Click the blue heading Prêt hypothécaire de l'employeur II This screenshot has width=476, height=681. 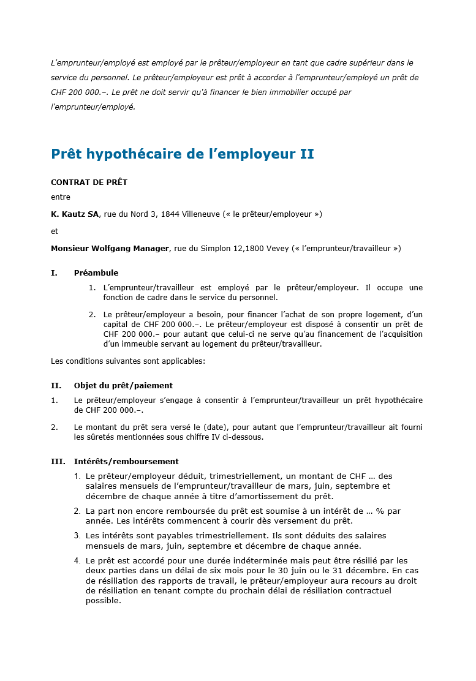coord(182,154)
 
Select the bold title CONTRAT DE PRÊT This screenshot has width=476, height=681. coord(89,182)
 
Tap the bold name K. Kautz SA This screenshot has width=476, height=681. coord(75,214)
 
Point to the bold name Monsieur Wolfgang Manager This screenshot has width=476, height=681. coord(110,249)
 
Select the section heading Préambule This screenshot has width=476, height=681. coord(96,273)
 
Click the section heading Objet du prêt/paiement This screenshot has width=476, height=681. coord(123,386)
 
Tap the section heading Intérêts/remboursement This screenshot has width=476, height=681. coord(126,462)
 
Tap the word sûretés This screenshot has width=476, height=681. coord(90,437)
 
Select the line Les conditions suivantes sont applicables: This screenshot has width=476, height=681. coord(128,361)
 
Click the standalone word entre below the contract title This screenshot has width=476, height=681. coord(61,197)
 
